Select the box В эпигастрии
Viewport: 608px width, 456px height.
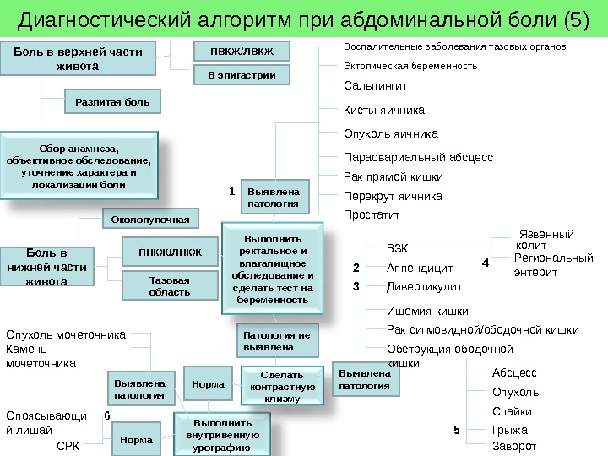click(242, 75)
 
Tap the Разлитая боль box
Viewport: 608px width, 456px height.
click(112, 102)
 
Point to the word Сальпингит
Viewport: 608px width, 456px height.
click(376, 86)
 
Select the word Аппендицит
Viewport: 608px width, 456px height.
click(420, 269)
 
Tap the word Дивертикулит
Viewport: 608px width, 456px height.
click(424, 286)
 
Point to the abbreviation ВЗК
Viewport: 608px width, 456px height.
click(397, 249)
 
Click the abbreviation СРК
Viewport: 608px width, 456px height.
click(68, 445)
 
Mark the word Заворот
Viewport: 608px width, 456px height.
click(514, 446)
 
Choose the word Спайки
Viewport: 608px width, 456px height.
click(512, 412)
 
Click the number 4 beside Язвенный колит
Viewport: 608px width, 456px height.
click(485, 263)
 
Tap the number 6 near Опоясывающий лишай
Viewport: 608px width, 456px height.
click(107, 415)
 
